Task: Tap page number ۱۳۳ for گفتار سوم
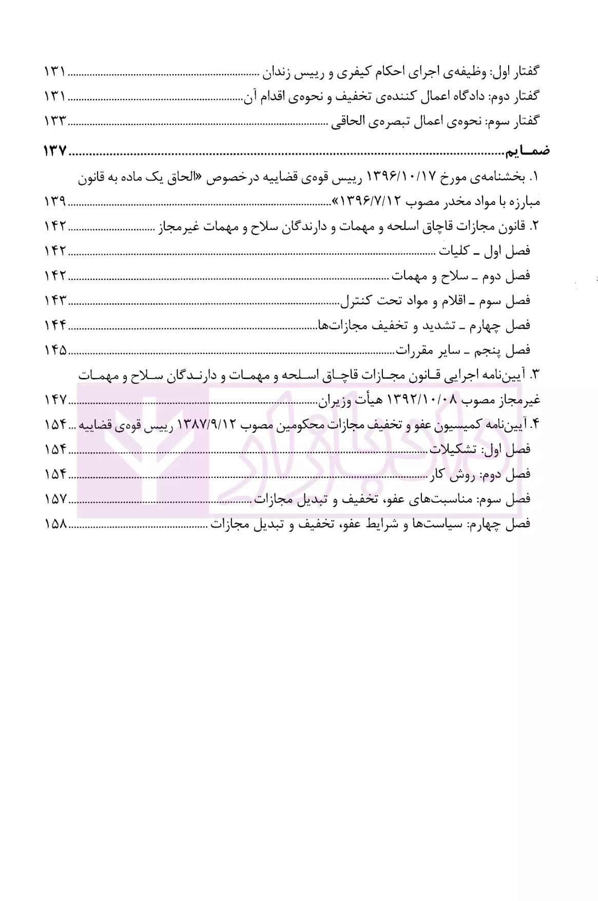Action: point(55,122)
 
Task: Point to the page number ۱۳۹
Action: point(55,202)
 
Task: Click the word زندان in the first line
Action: point(284,72)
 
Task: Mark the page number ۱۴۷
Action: point(55,400)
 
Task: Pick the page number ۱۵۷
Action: point(55,499)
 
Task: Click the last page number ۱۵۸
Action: point(55,524)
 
